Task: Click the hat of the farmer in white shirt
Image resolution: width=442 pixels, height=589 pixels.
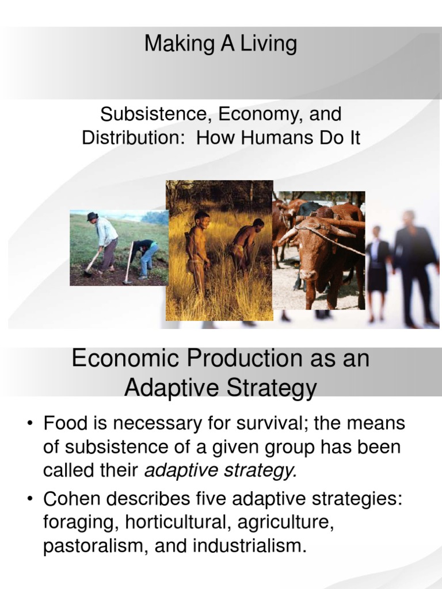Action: pyautogui.click(x=92, y=216)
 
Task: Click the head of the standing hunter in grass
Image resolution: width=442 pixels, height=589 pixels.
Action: pyautogui.click(x=201, y=218)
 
